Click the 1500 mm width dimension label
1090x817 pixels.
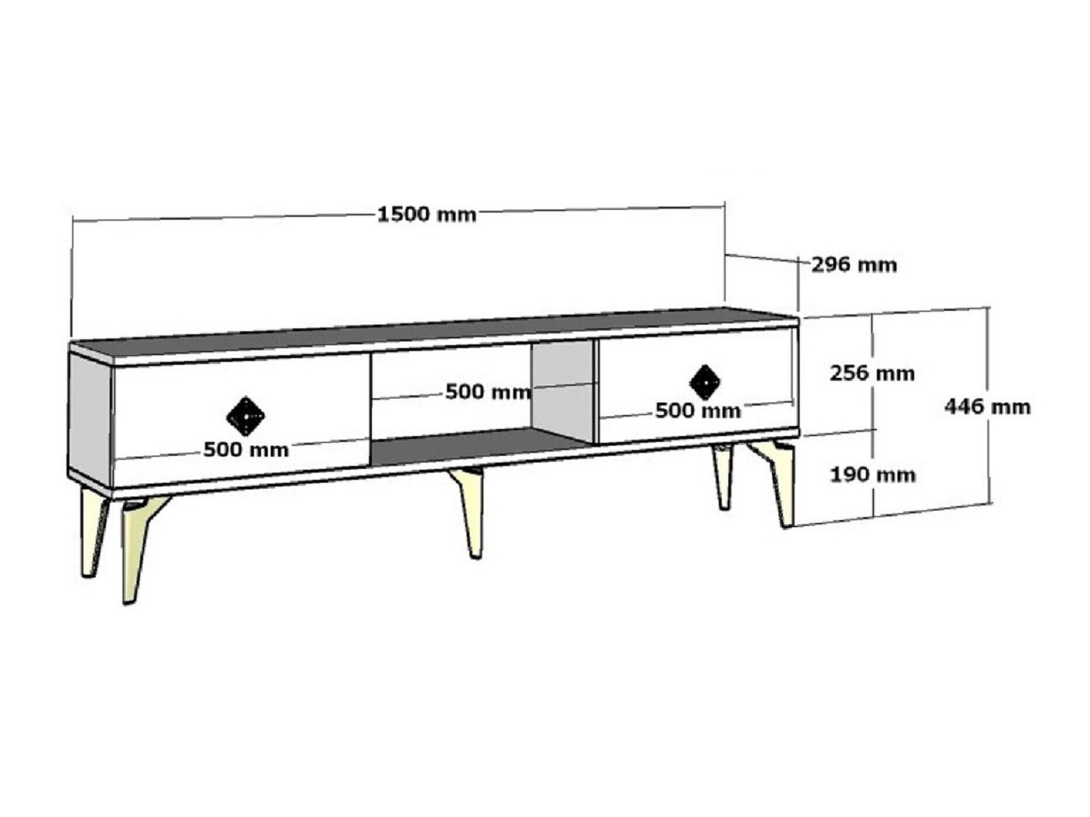(427, 215)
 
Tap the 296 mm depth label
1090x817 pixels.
(854, 265)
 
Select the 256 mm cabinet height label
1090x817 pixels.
(872, 373)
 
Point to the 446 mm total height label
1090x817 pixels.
(988, 406)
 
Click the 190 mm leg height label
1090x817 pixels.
(873, 475)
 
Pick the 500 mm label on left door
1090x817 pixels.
(246, 450)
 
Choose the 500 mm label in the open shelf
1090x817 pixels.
(488, 391)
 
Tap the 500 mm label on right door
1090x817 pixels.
(698, 411)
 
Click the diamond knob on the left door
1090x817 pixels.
(245, 416)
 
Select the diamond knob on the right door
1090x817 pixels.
(705, 383)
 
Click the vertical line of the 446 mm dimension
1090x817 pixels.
(989, 405)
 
